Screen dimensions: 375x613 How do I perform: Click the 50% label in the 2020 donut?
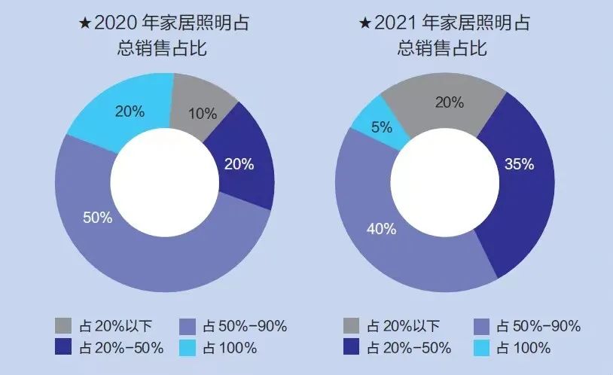point(97,218)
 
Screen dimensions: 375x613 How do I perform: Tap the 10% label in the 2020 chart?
point(202,114)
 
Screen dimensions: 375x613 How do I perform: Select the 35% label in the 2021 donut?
point(519,164)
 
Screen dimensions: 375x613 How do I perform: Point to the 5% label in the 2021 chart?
point(382,127)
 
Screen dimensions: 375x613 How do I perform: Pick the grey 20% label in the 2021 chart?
point(450,102)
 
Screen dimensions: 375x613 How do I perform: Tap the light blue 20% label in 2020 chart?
point(130,111)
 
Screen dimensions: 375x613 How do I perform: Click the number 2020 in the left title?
point(116,23)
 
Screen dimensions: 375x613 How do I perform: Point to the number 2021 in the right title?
point(397,23)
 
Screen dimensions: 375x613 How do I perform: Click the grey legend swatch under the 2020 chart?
point(64,326)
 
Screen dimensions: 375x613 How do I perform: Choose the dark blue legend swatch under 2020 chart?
point(64,348)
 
